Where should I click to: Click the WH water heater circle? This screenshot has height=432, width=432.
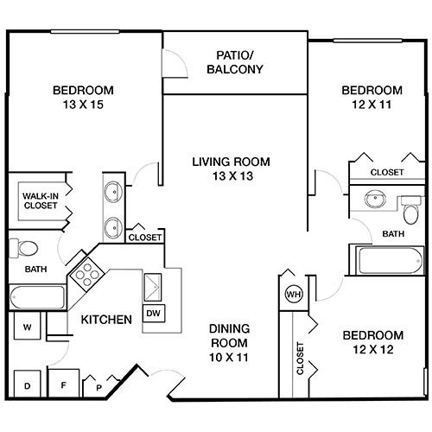(x=294, y=295)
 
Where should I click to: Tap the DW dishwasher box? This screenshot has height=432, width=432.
(x=154, y=313)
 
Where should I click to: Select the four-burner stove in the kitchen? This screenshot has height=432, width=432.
(x=87, y=275)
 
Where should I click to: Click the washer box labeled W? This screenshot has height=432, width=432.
(x=28, y=327)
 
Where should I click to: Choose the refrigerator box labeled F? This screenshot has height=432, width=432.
(x=63, y=384)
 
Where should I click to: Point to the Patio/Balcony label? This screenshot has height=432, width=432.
(x=235, y=62)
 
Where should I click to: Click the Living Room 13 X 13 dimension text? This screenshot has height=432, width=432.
(x=232, y=175)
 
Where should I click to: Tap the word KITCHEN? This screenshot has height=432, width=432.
(x=106, y=320)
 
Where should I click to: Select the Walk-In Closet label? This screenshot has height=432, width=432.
(x=41, y=200)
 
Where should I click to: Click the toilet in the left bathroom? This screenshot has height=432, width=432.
(x=23, y=248)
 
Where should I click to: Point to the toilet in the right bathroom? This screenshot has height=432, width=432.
(x=411, y=209)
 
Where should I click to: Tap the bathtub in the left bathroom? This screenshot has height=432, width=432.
(x=37, y=297)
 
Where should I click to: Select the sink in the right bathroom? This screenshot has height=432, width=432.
(x=375, y=199)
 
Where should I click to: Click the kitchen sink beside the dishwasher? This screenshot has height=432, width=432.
(x=153, y=287)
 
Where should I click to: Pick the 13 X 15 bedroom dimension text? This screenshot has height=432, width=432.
(x=83, y=105)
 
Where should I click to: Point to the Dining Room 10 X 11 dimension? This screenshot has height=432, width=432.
(x=229, y=358)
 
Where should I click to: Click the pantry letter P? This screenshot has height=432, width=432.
(x=98, y=388)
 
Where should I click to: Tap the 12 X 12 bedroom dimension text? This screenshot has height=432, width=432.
(x=373, y=349)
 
